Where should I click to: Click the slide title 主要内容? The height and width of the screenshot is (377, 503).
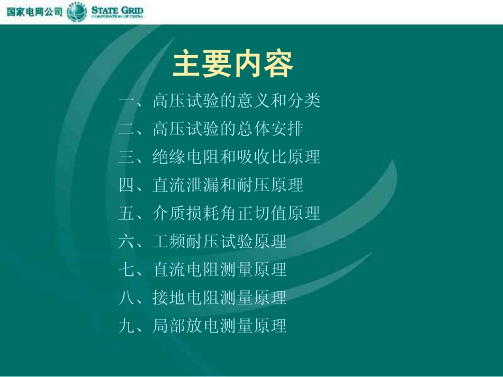pos(233,65)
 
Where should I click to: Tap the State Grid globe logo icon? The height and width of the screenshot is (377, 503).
pos(77,12)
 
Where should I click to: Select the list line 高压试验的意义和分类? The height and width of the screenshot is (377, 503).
pos(236,101)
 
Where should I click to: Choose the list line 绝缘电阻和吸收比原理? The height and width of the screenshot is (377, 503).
pos(236,157)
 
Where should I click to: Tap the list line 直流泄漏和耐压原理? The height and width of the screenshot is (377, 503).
pos(228,185)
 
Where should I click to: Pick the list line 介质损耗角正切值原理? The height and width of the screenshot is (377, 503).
pos(236,213)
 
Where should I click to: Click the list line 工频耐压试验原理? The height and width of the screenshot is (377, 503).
pos(219,241)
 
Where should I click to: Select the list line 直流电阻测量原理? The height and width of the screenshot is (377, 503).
pos(219,270)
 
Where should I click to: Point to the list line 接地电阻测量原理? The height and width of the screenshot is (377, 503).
pos(219,298)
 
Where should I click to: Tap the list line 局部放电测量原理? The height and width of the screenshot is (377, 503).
pos(219,326)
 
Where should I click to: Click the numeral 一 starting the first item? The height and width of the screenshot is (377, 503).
pos(127,101)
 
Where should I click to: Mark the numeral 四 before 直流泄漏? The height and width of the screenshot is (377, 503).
pos(127,185)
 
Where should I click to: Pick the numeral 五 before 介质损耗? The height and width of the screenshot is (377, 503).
pos(127,213)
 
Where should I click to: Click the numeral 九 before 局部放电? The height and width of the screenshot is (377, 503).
pos(127,326)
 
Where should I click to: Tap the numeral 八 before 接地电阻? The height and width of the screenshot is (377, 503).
pos(127,298)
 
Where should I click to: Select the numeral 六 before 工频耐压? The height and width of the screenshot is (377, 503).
pos(127,241)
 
